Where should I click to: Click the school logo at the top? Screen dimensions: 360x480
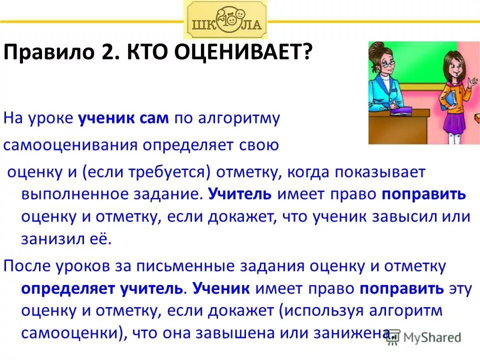point(225,19)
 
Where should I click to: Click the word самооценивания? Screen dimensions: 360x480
point(70,145)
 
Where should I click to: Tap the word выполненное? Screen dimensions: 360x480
point(70,194)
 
